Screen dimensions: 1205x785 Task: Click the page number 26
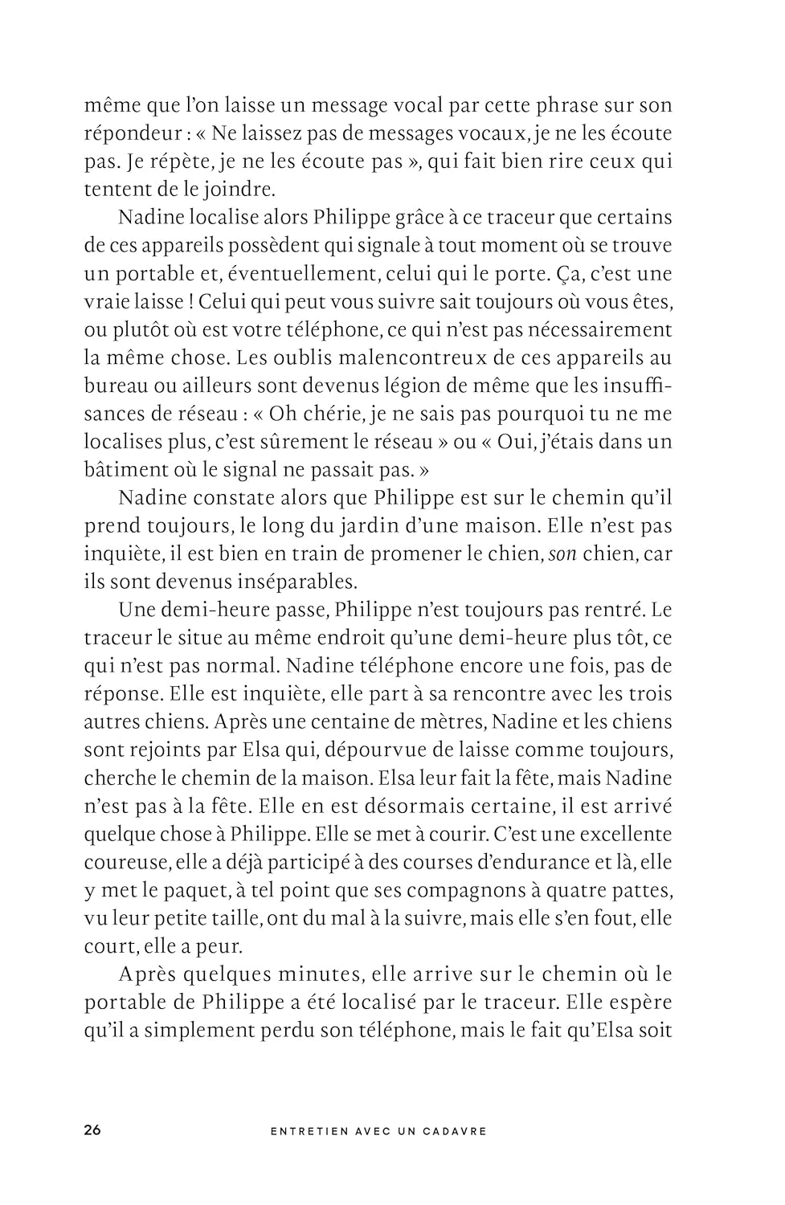coord(92,1129)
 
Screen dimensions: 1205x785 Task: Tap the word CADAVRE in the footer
coord(457,1130)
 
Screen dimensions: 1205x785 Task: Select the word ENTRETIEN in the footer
coord(309,1130)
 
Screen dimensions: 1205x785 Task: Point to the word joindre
coord(240,190)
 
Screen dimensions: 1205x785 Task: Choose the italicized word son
coord(562,553)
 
